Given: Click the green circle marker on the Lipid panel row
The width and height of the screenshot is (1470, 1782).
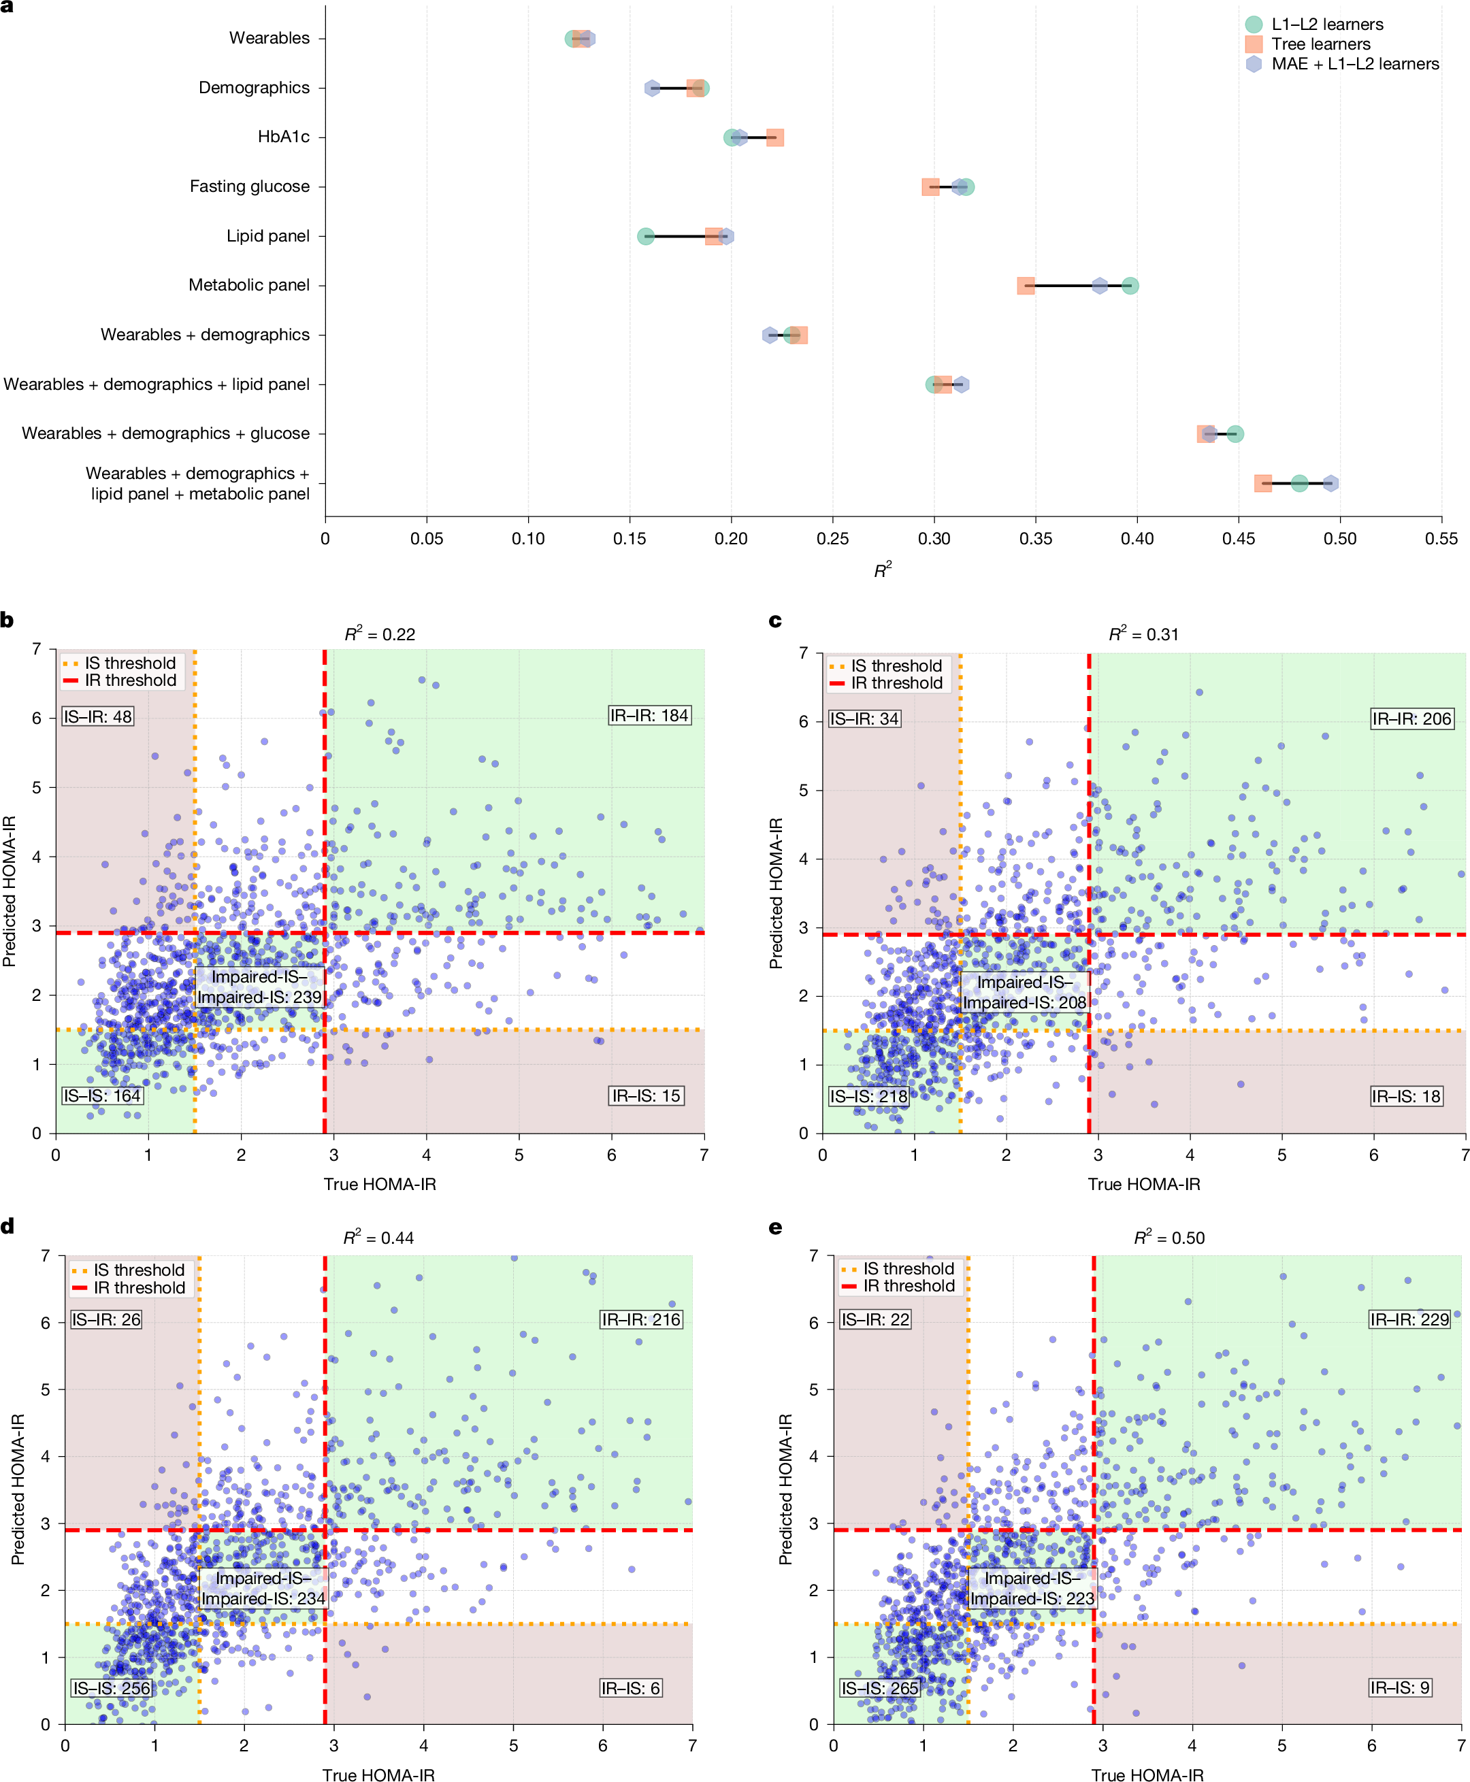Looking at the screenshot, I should pyautogui.click(x=645, y=236).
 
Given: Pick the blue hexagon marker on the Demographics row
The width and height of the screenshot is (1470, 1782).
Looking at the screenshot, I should pyautogui.click(x=652, y=88).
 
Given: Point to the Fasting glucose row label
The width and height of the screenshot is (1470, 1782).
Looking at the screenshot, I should pyautogui.click(x=249, y=186).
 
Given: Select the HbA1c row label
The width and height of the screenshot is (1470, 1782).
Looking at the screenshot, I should pyautogui.click(x=283, y=137).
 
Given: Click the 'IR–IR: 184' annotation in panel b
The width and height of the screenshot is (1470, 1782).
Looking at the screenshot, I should pyautogui.click(x=649, y=715).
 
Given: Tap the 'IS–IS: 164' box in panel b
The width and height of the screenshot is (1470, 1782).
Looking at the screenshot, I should pyautogui.click(x=101, y=1095).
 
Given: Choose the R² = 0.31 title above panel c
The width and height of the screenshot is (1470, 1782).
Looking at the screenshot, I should pyautogui.click(x=1143, y=634).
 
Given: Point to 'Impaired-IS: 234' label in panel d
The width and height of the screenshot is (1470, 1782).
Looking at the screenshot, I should pyautogui.click(x=263, y=1598).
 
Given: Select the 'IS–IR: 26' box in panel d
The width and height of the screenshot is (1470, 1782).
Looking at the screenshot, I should pyautogui.click(x=106, y=1319).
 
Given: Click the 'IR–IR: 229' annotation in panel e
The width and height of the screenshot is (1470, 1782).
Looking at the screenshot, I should pyautogui.click(x=1410, y=1319).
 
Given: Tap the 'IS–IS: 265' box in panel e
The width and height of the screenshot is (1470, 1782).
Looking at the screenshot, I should pyautogui.click(x=880, y=1688).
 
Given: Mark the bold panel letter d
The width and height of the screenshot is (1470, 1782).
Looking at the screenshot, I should pyautogui.click(x=7, y=1227).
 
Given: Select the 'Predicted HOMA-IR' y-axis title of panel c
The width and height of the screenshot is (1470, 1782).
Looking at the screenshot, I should pyautogui.click(x=776, y=893).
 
